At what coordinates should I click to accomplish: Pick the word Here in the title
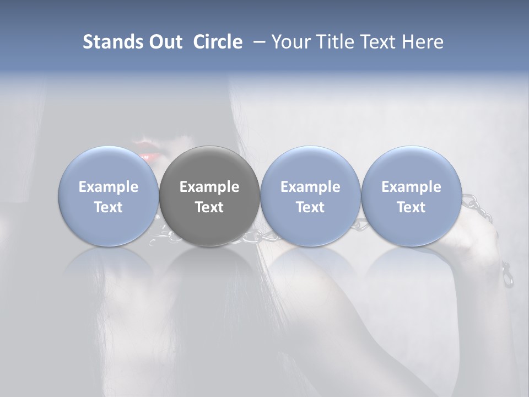click(423, 42)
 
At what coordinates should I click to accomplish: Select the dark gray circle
click(209, 196)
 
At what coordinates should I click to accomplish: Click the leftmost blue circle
click(109, 196)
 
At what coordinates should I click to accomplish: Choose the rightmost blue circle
click(411, 196)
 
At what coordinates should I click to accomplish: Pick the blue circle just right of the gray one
click(310, 196)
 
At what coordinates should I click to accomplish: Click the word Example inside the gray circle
click(209, 187)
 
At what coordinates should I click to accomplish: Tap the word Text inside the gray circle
click(209, 207)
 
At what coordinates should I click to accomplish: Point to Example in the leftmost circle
click(109, 187)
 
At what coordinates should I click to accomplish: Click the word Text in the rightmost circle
click(411, 207)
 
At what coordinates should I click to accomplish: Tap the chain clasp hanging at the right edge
click(507, 275)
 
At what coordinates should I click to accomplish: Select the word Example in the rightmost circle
click(411, 187)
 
